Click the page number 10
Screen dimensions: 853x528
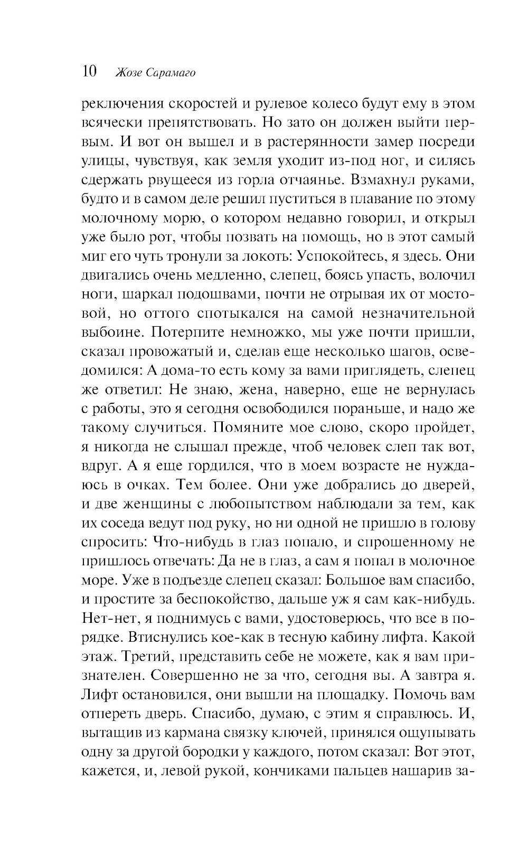click(x=89, y=71)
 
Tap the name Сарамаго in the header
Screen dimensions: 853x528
click(x=169, y=73)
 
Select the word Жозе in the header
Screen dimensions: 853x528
click(x=127, y=73)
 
